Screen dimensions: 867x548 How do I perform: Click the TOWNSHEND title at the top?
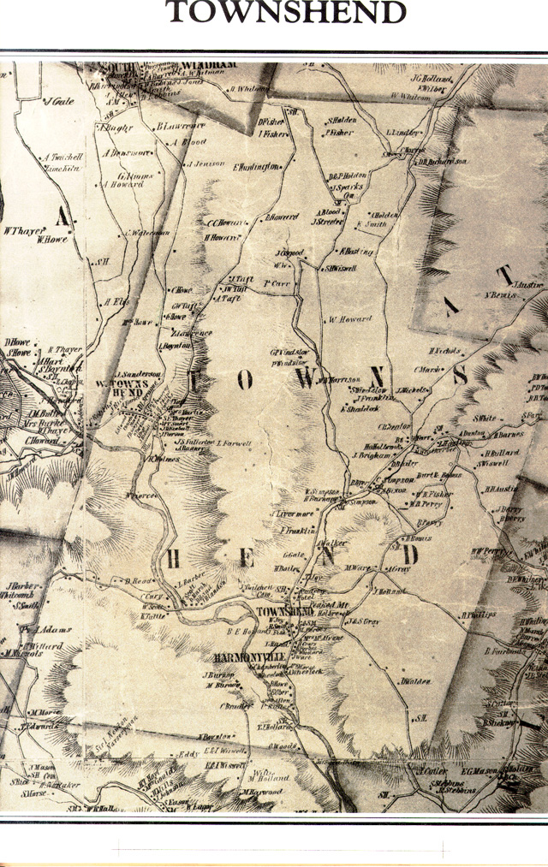click(285, 12)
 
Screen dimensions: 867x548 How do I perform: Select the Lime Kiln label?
click(63, 169)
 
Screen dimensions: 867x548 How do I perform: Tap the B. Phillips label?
click(479, 614)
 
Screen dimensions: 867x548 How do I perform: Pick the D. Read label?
click(138, 581)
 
